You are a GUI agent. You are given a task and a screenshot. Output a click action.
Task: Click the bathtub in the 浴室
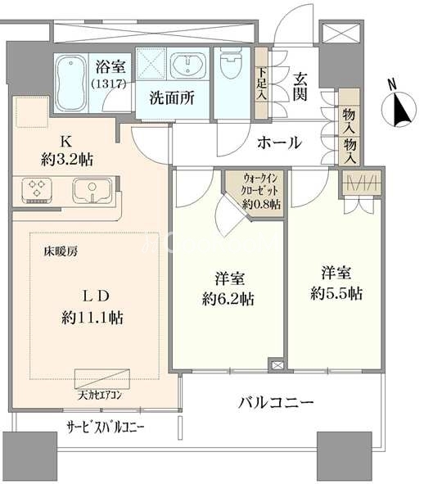(x=71, y=83)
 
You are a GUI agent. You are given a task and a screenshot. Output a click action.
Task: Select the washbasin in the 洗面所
(x=187, y=64)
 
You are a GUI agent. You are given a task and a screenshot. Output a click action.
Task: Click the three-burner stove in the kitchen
(x=37, y=191)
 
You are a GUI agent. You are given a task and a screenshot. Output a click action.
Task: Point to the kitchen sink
(x=92, y=191)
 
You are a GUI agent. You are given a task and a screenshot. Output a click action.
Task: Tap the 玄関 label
(x=300, y=87)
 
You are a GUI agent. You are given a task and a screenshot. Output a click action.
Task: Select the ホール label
(x=279, y=143)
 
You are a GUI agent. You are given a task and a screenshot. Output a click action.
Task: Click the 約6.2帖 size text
(x=228, y=299)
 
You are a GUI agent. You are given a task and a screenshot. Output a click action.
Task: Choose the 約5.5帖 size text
(x=336, y=293)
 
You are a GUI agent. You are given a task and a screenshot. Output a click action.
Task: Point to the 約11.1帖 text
(x=92, y=317)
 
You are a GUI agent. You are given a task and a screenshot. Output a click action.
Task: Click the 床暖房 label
(x=61, y=252)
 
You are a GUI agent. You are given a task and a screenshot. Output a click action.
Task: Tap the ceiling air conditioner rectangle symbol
(x=102, y=378)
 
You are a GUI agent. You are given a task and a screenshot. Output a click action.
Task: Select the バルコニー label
(x=276, y=402)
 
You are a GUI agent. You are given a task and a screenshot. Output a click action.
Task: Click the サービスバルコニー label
(x=106, y=427)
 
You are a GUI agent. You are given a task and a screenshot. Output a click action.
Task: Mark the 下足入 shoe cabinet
(x=261, y=83)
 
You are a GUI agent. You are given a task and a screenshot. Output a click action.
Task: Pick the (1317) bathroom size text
(x=110, y=84)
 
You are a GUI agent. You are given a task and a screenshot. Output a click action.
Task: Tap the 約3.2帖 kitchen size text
(x=66, y=160)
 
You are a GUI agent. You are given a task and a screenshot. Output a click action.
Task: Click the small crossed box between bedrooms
(x=277, y=365)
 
